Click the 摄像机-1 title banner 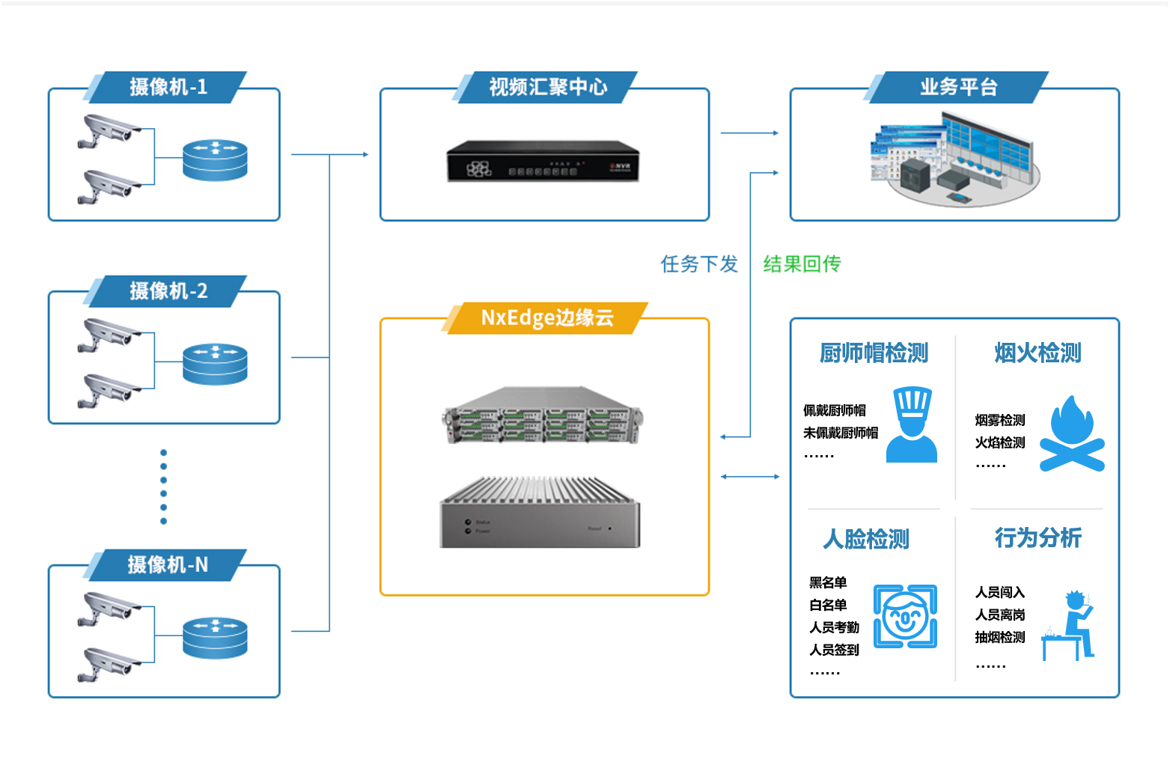168,87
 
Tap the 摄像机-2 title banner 168,290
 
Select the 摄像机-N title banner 168,564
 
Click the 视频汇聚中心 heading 547,87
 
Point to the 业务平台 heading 958,87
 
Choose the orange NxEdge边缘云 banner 546,317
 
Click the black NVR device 543,161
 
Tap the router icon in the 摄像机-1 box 215,160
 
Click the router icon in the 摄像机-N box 215,638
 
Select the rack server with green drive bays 543,416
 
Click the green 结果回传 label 802,263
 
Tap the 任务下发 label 699,263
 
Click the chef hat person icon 912,424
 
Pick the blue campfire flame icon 1072,433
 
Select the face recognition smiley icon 905,616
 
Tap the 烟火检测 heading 1038,353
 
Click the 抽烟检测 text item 1000,637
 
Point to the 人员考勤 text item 834,627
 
